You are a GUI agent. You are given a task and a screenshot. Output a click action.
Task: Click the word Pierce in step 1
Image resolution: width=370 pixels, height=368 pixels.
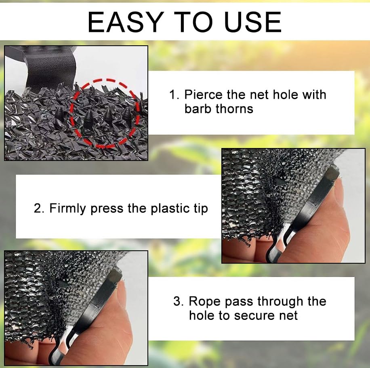pyautogui.click(x=203, y=95)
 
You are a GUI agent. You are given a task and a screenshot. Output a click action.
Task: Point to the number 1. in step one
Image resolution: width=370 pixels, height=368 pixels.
pyautogui.click(x=174, y=95)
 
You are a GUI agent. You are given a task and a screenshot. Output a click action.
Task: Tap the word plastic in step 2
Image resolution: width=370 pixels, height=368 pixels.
pyautogui.click(x=169, y=209)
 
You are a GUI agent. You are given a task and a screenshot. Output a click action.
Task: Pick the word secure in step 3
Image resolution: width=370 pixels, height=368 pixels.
pyautogui.click(x=257, y=315)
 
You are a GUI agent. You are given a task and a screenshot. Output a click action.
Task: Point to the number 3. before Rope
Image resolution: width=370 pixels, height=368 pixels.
pyautogui.click(x=179, y=301)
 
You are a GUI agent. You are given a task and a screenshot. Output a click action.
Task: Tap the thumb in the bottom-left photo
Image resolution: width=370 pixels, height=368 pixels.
pyautogui.click(x=109, y=332)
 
